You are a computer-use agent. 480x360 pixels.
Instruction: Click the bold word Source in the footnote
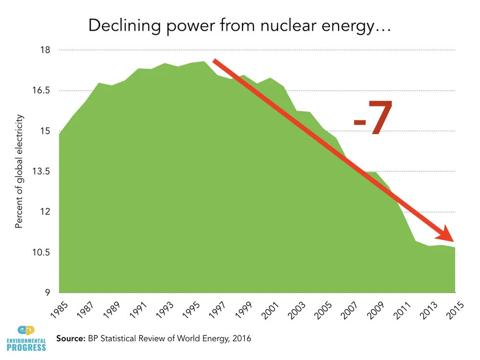[x=71, y=338]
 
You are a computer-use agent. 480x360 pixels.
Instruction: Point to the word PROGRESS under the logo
[x=26, y=347]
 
